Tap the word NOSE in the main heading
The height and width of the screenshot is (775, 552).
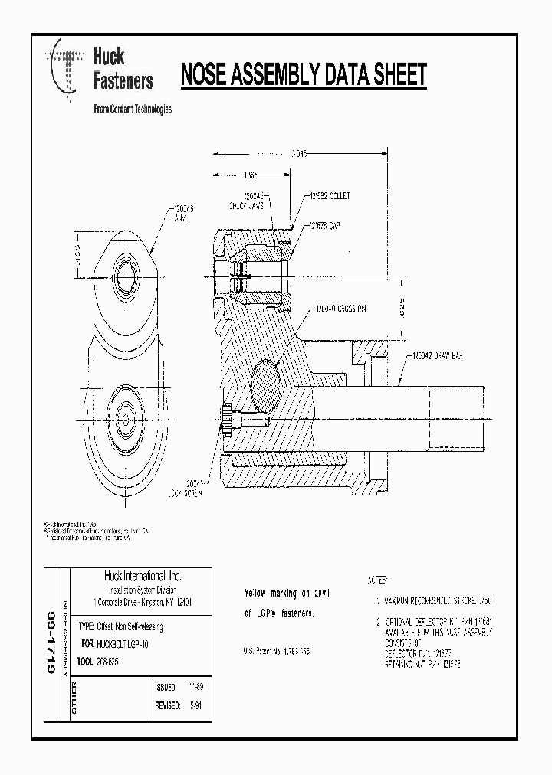pos(205,75)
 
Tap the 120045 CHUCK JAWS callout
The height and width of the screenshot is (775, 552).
pos(250,201)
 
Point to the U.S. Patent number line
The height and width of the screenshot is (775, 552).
pos(277,651)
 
